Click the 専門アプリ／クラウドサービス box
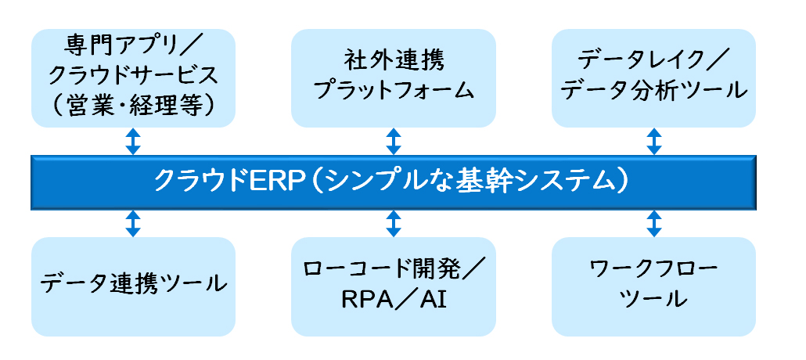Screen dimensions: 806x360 [133, 78]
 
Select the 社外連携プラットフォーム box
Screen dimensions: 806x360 [394, 78]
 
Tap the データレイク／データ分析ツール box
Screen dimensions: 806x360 [654, 78]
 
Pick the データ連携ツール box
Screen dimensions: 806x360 [133, 286]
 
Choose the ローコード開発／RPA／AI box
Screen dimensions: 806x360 [394, 286]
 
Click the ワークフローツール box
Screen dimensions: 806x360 [654, 286]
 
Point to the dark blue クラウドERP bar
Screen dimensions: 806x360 [394, 182]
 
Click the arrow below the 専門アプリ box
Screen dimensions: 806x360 [133, 142]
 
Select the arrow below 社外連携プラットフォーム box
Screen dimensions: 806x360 [394, 142]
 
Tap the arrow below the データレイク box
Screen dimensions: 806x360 [654, 142]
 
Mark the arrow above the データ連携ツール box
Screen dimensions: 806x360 [133, 223]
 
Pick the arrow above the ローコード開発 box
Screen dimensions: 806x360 [394, 223]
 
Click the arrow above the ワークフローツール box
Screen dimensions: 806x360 [654, 223]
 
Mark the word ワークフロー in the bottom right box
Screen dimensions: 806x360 [653, 269]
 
